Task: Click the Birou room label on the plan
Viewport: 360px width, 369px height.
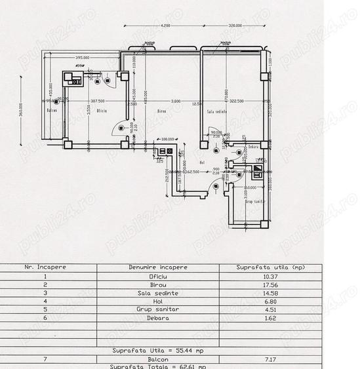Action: (x=161, y=111)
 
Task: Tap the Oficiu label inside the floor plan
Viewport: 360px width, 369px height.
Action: (x=102, y=111)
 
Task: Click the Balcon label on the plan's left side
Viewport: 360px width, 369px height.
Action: (x=52, y=111)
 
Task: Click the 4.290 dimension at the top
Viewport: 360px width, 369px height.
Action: (x=165, y=25)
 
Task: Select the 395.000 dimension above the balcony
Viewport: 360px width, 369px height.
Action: (x=83, y=58)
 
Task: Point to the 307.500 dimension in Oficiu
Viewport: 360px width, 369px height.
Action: (x=98, y=101)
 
